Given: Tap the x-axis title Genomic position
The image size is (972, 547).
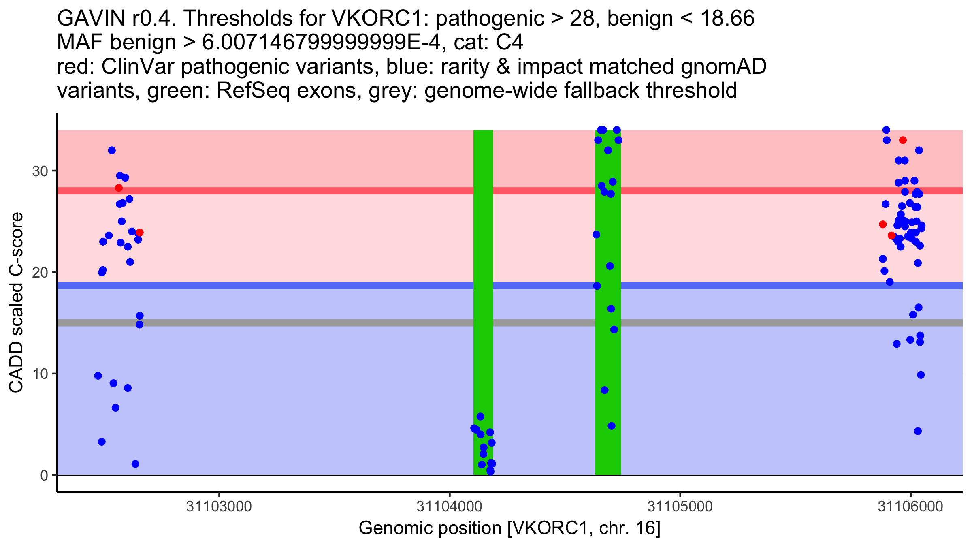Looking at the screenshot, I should pyautogui.click(x=509, y=528).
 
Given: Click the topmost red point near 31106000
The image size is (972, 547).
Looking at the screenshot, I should pyautogui.click(x=903, y=140).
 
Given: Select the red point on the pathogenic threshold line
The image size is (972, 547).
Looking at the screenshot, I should pyautogui.click(x=119, y=188).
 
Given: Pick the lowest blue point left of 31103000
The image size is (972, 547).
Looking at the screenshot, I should pyautogui.click(x=136, y=464).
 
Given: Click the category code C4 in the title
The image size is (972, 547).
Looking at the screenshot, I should pyautogui.click(x=509, y=43).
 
